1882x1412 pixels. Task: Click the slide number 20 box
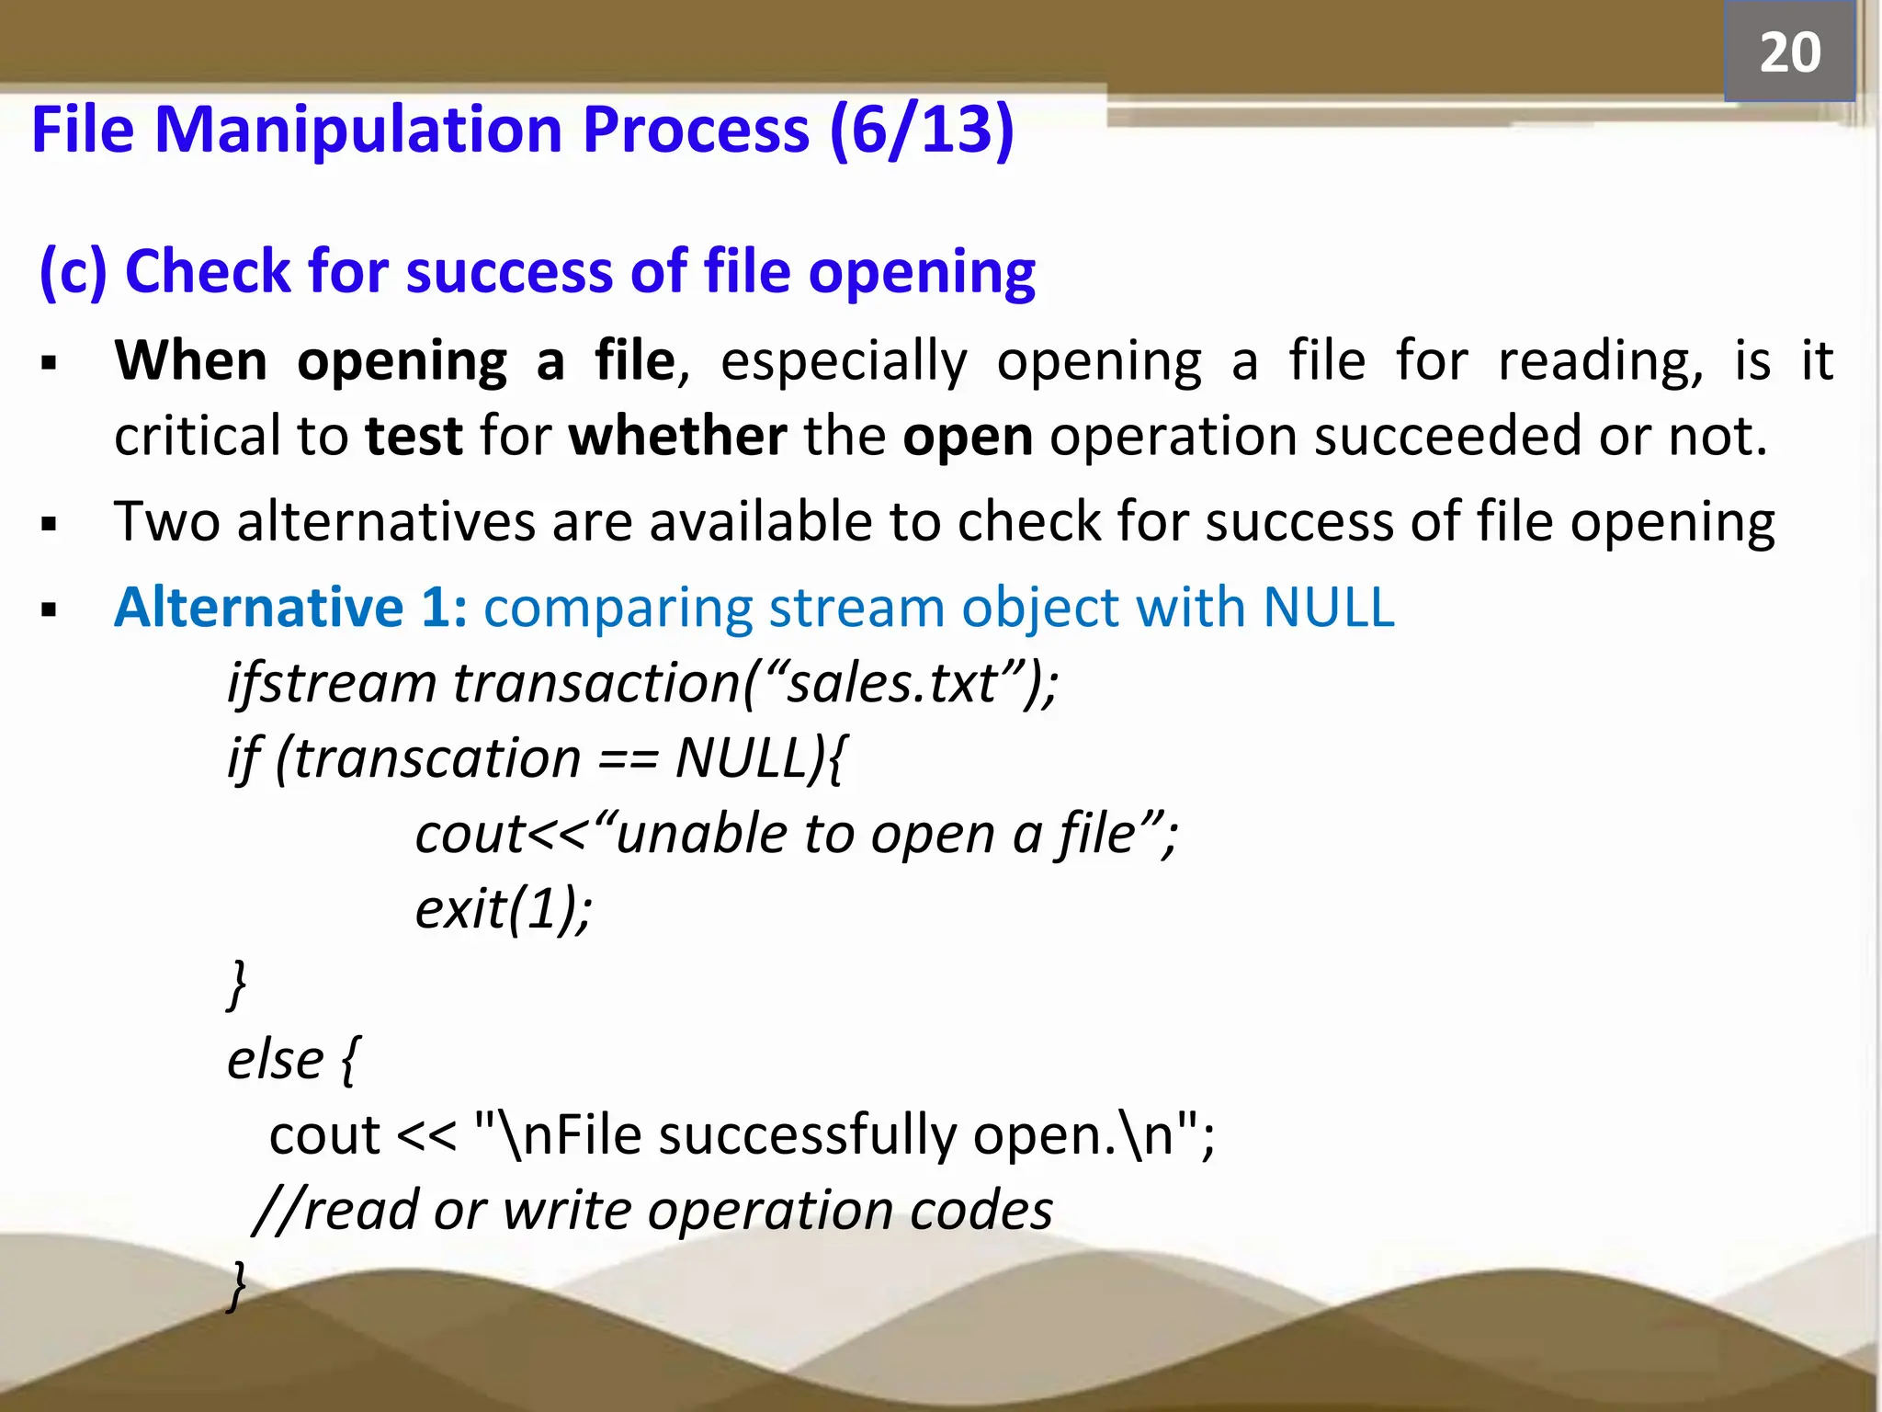[1789, 51]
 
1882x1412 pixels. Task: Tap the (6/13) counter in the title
[922, 130]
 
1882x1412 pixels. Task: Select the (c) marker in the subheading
[74, 272]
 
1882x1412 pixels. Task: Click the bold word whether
[677, 436]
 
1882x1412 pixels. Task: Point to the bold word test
[414, 436]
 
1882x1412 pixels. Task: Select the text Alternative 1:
[290, 608]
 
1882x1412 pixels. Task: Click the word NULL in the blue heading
[1329, 608]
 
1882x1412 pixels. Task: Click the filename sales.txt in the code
[891, 684]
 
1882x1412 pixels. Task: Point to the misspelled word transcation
[437, 759]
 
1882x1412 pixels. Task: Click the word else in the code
[275, 1060]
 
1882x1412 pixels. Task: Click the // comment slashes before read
[276, 1211]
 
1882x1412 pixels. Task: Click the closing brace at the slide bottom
[237, 1284]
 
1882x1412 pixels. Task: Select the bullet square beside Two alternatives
[50, 525]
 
